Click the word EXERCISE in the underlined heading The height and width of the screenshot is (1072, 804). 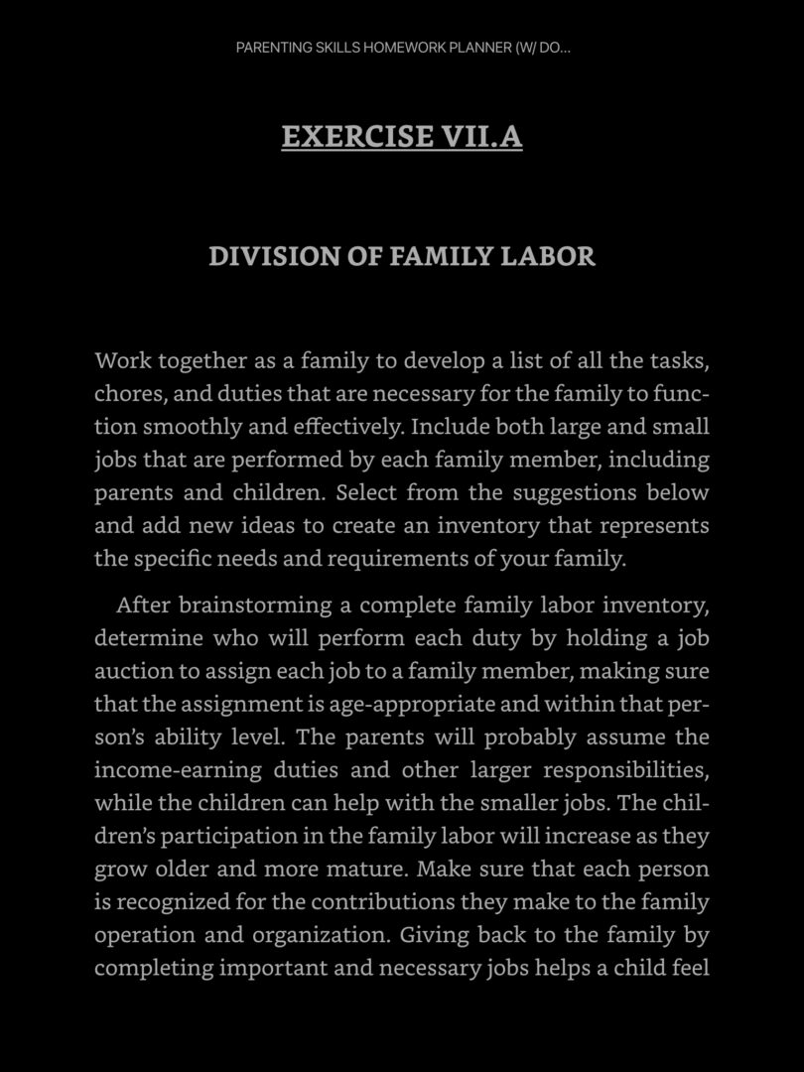(354, 136)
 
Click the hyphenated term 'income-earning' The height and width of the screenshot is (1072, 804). (179, 770)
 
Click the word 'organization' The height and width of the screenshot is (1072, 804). (314, 935)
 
